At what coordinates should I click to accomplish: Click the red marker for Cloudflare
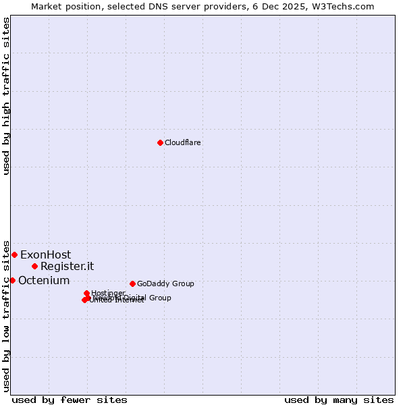(160, 142)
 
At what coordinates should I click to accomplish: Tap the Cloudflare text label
(182, 143)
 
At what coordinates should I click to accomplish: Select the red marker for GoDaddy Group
(132, 283)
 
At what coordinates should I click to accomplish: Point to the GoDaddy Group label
(165, 284)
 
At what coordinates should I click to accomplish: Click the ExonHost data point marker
(14, 254)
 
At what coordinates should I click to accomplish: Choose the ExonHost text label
(45, 255)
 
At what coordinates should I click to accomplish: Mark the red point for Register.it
(34, 266)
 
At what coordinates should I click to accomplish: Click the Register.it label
(67, 267)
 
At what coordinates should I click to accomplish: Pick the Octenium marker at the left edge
(12, 280)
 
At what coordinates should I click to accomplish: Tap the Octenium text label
(44, 281)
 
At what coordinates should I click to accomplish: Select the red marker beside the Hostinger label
(86, 293)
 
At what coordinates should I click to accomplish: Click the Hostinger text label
(108, 293)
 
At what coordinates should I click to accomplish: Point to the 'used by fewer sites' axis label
(70, 400)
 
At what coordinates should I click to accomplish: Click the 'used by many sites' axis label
(339, 400)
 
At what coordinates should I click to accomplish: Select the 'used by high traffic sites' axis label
(7, 96)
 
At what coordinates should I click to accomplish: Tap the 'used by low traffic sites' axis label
(7, 316)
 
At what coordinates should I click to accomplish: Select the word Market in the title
(47, 6)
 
